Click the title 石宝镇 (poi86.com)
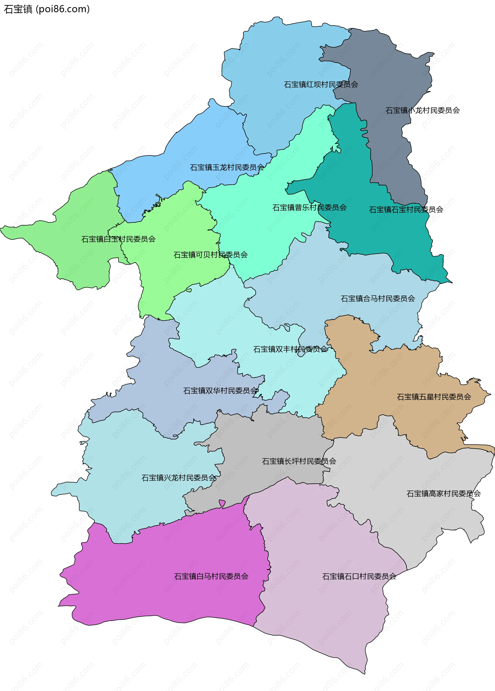(x=47, y=9)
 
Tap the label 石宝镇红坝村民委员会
(x=321, y=84)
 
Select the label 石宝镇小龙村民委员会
(x=422, y=110)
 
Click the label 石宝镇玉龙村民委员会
(x=227, y=167)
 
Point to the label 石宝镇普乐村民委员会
(x=309, y=208)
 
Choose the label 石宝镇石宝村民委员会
(x=406, y=209)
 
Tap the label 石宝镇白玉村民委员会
(x=118, y=239)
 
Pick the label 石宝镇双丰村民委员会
(x=290, y=349)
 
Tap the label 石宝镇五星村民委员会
(x=434, y=397)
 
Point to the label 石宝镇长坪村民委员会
(x=299, y=461)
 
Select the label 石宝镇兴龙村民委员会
(x=179, y=477)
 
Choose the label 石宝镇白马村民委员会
(x=211, y=576)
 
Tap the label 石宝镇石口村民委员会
(x=359, y=576)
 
